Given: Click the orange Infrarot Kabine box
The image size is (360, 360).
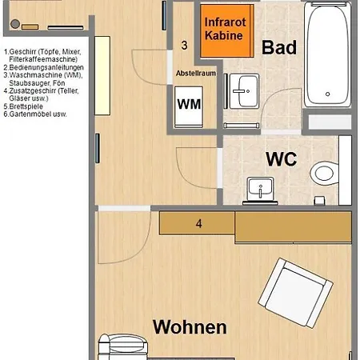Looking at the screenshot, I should [223, 30].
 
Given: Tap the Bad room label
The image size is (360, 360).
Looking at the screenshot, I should [279, 47].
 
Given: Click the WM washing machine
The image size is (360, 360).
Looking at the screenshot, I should [189, 103].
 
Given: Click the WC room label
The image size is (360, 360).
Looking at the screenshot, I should [282, 158].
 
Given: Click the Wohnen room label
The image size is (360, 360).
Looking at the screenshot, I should [190, 326].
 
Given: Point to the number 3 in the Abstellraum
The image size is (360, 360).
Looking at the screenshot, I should [185, 45].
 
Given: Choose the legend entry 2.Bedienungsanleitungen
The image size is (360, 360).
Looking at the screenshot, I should [44, 67].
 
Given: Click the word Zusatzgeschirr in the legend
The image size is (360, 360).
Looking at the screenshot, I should [36, 90].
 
